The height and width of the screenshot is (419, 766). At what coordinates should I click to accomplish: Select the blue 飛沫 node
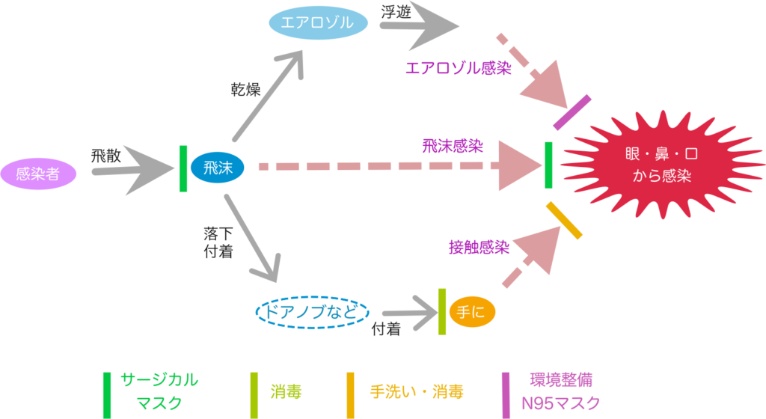click(x=217, y=168)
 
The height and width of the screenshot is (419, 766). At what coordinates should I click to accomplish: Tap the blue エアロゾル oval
click(x=319, y=23)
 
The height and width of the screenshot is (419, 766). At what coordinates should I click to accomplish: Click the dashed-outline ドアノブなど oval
click(x=313, y=311)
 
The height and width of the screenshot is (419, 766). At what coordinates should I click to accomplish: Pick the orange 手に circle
click(x=472, y=312)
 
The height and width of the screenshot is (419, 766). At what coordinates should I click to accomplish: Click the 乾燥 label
click(x=245, y=91)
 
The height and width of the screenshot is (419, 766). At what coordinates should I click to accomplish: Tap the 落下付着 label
click(x=218, y=242)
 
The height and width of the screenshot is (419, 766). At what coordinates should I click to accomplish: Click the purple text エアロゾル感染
click(x=458, y=68)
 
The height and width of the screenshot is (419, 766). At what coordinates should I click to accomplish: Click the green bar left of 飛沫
click(x=183, y=168)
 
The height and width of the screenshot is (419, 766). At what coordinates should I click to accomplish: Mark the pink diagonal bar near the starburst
click(x=572, y=112)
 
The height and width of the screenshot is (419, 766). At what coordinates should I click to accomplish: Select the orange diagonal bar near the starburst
click(x=564, y=220)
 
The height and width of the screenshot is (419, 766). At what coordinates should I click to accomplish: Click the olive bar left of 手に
click(x=442, y=311)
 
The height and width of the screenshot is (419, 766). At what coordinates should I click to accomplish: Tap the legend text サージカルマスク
click(x=159, y=391)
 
